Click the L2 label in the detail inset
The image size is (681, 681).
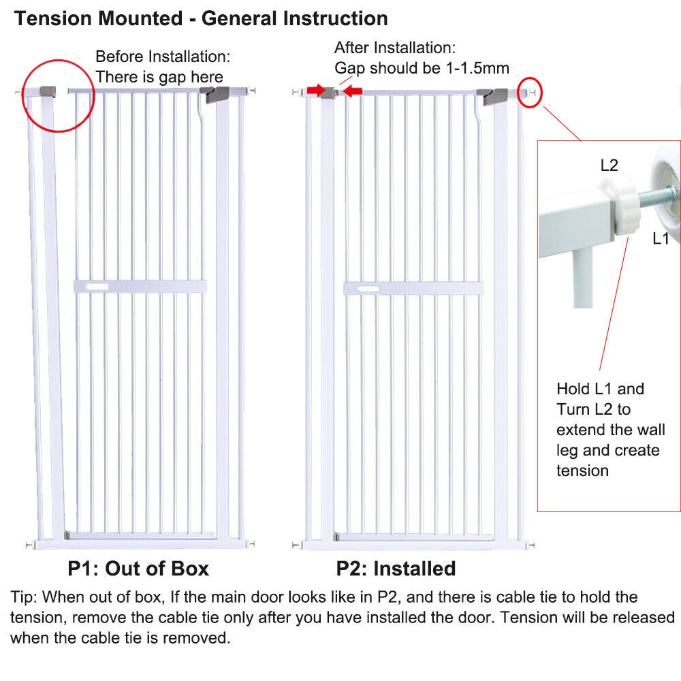(609, 165)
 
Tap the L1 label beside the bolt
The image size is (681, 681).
(660, 238)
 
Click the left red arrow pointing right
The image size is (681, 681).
(316, 91)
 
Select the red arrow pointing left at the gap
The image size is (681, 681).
(352, 91)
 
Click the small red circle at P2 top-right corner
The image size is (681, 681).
(530, 92)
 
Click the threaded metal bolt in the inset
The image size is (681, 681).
(656, 193)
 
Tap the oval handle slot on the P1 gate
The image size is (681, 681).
(97, 287)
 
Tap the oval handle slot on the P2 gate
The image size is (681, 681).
(368, 289)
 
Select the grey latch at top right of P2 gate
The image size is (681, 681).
(492, 96)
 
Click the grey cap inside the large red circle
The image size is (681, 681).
(48, 92)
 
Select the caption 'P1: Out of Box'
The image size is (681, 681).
(138, 569)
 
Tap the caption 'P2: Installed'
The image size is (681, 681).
(396, 569)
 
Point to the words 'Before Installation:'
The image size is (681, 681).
(163, 57)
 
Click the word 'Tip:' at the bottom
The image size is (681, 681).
(24, 598)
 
